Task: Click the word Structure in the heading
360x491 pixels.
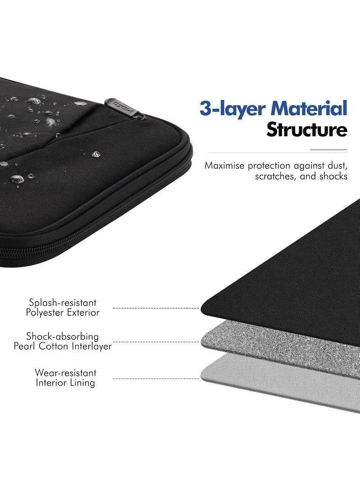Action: click(307, 130)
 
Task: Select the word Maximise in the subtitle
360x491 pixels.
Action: click(224, 165)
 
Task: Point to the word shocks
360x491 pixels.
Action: click(333, 176)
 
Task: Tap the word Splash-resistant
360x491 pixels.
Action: click(63, 303)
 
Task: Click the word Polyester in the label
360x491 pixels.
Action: click(45, 312)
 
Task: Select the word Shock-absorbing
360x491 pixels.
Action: click(62, 336)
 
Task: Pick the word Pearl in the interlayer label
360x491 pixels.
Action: click(25, 347)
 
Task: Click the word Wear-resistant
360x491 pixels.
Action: click(65, 373)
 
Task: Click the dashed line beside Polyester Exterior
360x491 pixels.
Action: click(156, 308)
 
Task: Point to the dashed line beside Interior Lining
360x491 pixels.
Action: click(156, 378)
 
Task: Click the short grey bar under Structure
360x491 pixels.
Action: click(328, 150)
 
